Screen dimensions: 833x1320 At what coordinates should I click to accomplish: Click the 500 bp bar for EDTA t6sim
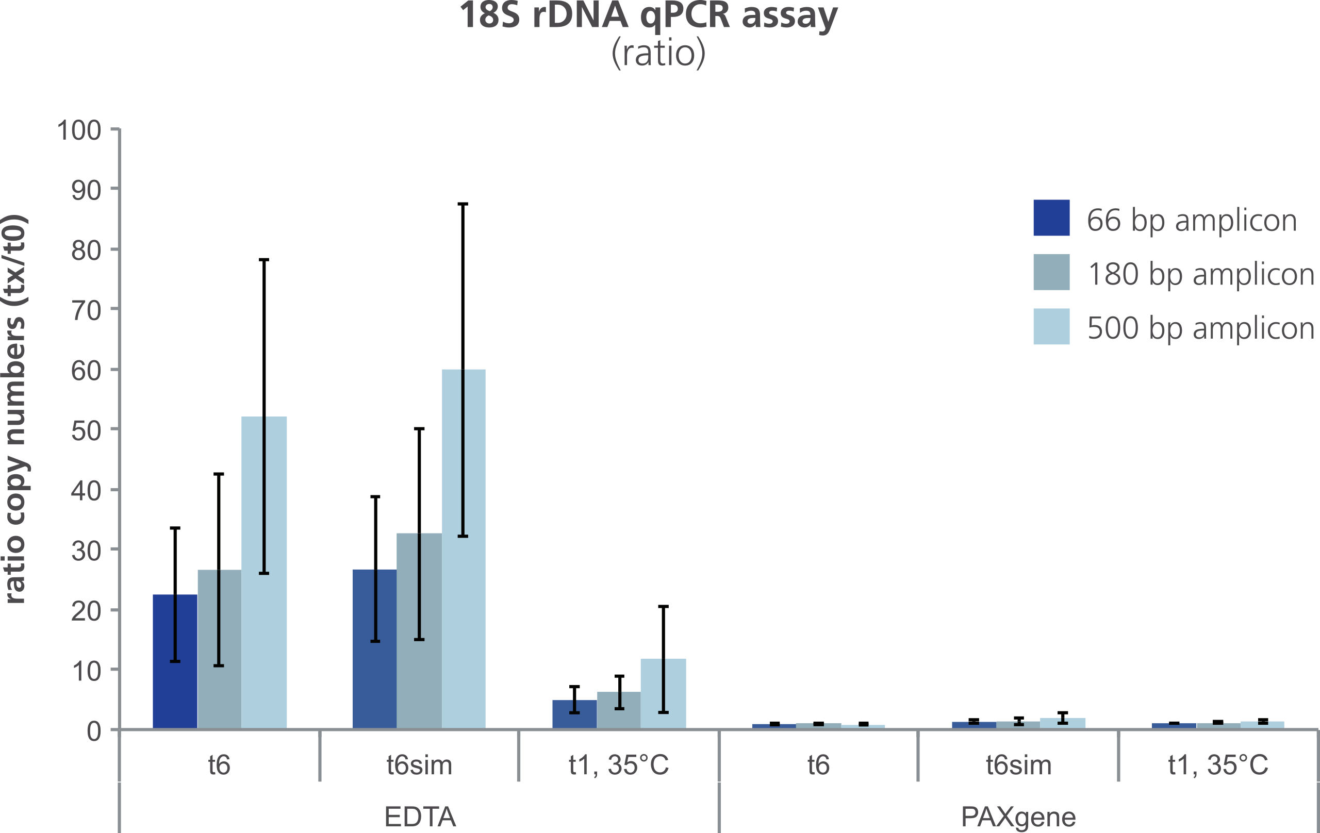463,548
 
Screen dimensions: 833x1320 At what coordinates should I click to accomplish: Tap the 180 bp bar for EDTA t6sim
419,630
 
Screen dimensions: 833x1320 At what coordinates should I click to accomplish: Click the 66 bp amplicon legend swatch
1051,218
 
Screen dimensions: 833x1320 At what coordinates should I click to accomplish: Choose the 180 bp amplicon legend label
1200,274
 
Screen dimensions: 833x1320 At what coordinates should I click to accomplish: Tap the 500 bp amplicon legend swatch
1051,327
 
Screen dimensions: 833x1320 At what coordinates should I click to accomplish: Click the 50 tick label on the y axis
86,431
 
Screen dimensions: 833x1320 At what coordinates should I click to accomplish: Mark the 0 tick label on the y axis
94,731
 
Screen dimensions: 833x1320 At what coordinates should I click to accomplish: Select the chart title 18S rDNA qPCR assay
649,15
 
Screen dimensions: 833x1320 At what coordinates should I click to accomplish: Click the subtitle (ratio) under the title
658,53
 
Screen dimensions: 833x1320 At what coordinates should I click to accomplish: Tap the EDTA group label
420,817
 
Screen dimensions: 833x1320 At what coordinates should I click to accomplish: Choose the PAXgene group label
1018,817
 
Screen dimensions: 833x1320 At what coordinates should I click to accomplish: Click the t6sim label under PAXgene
1018,765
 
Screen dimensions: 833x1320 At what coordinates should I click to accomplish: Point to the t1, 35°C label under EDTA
619,765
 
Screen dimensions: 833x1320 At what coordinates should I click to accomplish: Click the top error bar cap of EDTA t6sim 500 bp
463,204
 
